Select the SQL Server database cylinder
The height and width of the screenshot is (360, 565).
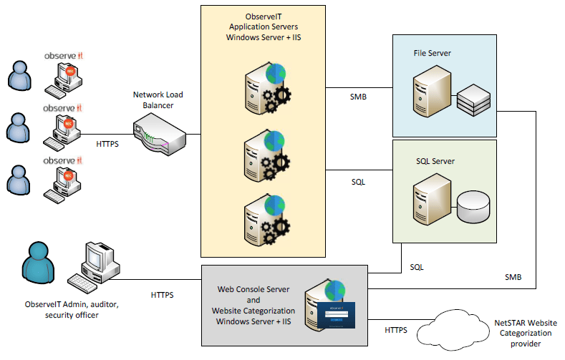click(x=473, y=205)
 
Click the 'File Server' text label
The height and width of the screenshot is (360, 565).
click(x=432, y=54)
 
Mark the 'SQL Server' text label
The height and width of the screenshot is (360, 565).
click(x=435, y=160)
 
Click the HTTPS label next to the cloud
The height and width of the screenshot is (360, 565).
click(x=396, y=331)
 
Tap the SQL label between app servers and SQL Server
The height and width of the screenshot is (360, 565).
click(x=358, y=182)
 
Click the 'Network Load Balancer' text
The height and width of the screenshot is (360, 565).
click(x=158, y=100)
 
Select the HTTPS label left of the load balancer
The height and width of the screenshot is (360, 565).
click(x=107, y=144)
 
